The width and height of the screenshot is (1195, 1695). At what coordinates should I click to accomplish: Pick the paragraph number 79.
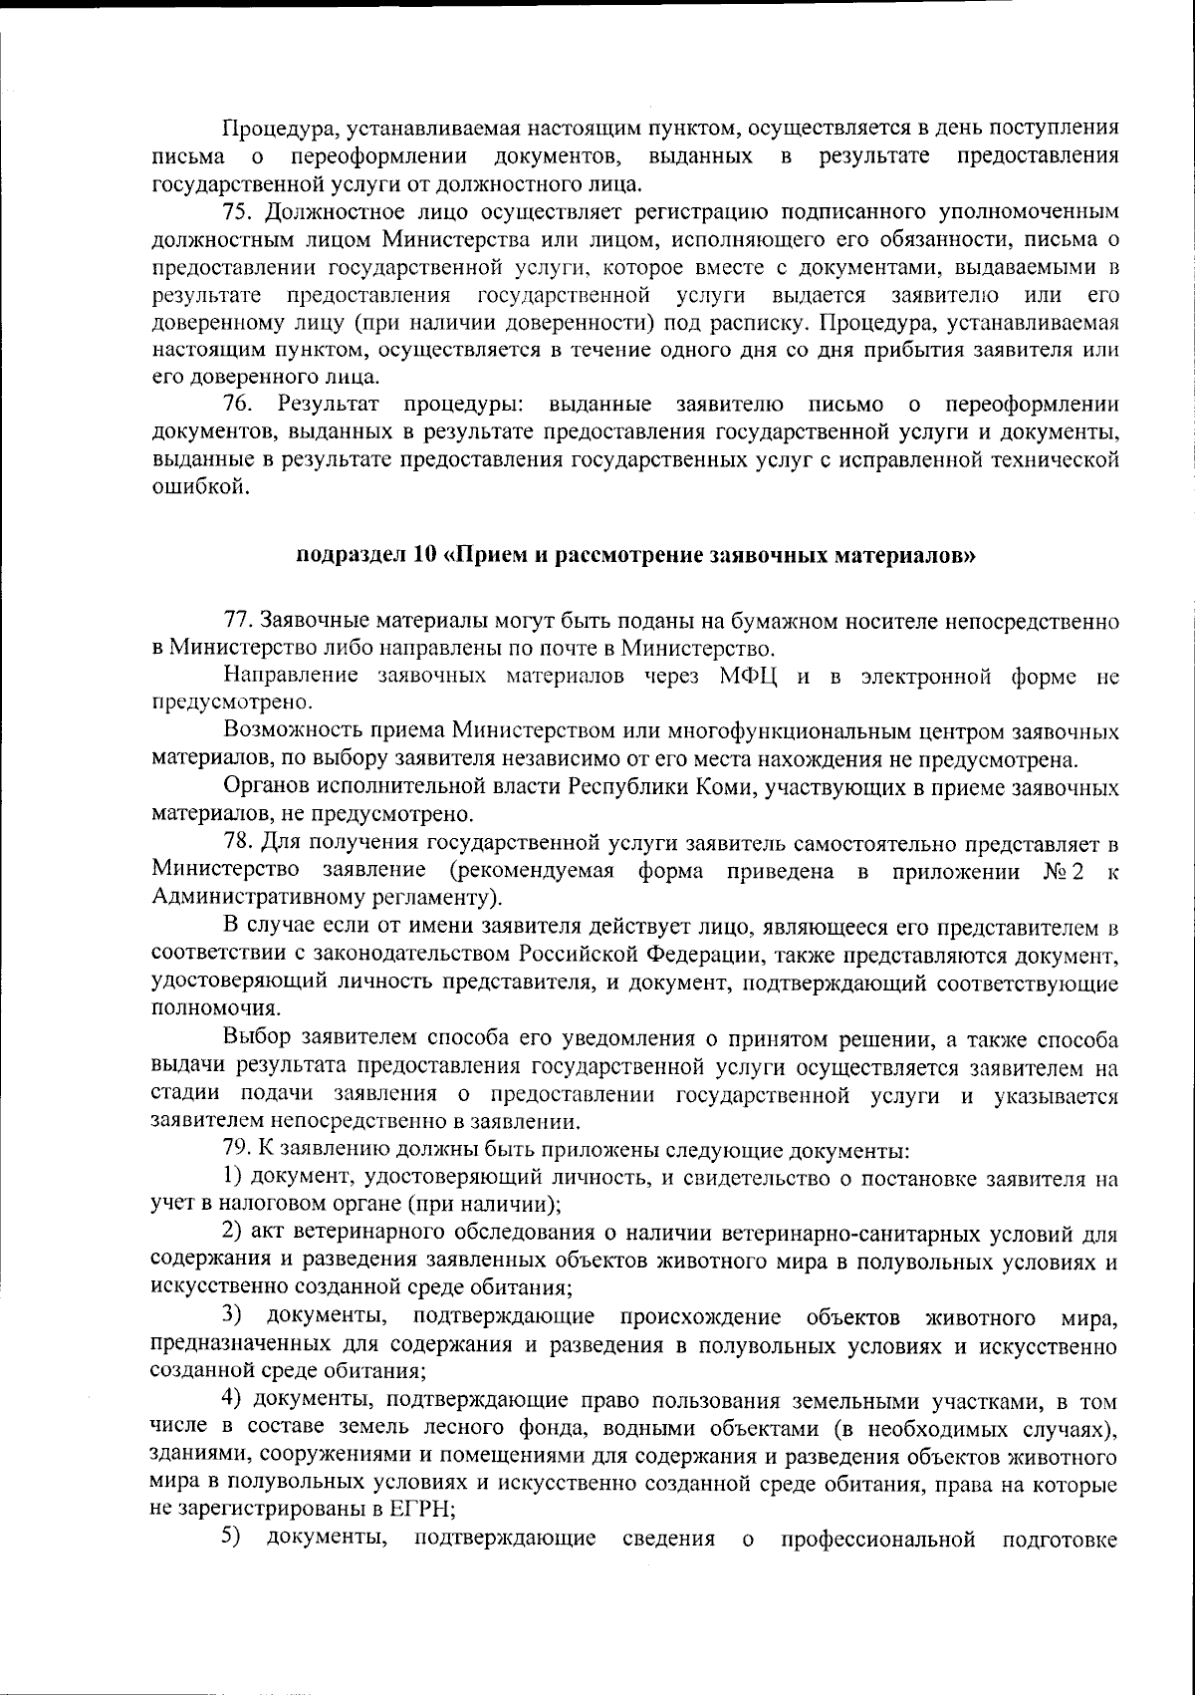click(239, 1151)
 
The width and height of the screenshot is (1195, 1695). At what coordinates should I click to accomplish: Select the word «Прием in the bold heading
click(480, 555)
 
